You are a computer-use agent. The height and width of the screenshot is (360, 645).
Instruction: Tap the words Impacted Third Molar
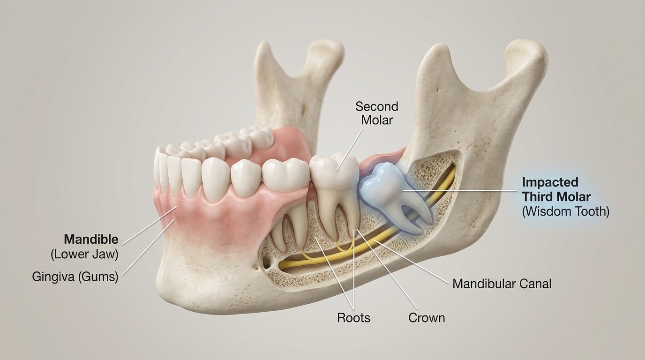pyautogui.click(x=556, y=189)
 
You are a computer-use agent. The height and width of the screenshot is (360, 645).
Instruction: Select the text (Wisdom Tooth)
pyautogui.click(x=565, y=211)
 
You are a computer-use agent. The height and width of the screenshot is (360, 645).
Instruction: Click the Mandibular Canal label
pyautogui.click(x=502, y=284)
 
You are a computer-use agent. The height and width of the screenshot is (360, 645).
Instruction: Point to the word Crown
pyautogui.click(x=426, y=318)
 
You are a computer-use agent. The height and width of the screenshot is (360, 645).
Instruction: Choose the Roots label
pyautogui.click(x=353, y=318)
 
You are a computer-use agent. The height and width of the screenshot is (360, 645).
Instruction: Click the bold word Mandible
pyautogui.click(x=91, y=240)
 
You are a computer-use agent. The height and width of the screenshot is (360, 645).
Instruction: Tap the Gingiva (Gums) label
pyautogui.click(x=75, y=277)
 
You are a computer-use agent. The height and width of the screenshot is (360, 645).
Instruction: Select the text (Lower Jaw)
pyautogui.click(x=84, y=255)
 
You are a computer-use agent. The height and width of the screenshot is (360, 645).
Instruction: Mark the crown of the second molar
pyautogui.click(x=334, y=171)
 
